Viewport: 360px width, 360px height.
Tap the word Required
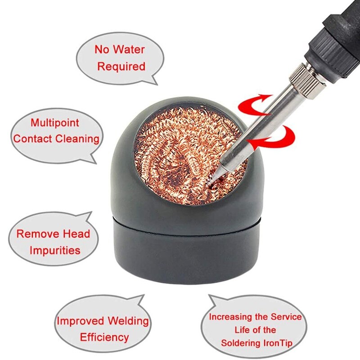coord(121,67)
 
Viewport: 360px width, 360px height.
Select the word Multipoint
coord(55,123)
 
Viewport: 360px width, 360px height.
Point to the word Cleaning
coord(77,139)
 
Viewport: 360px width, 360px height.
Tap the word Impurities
coord(55,250)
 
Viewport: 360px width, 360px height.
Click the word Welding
coord(128,321)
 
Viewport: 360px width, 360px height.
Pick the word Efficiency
coord(104,337)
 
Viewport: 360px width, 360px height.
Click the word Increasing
coord(234,317)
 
